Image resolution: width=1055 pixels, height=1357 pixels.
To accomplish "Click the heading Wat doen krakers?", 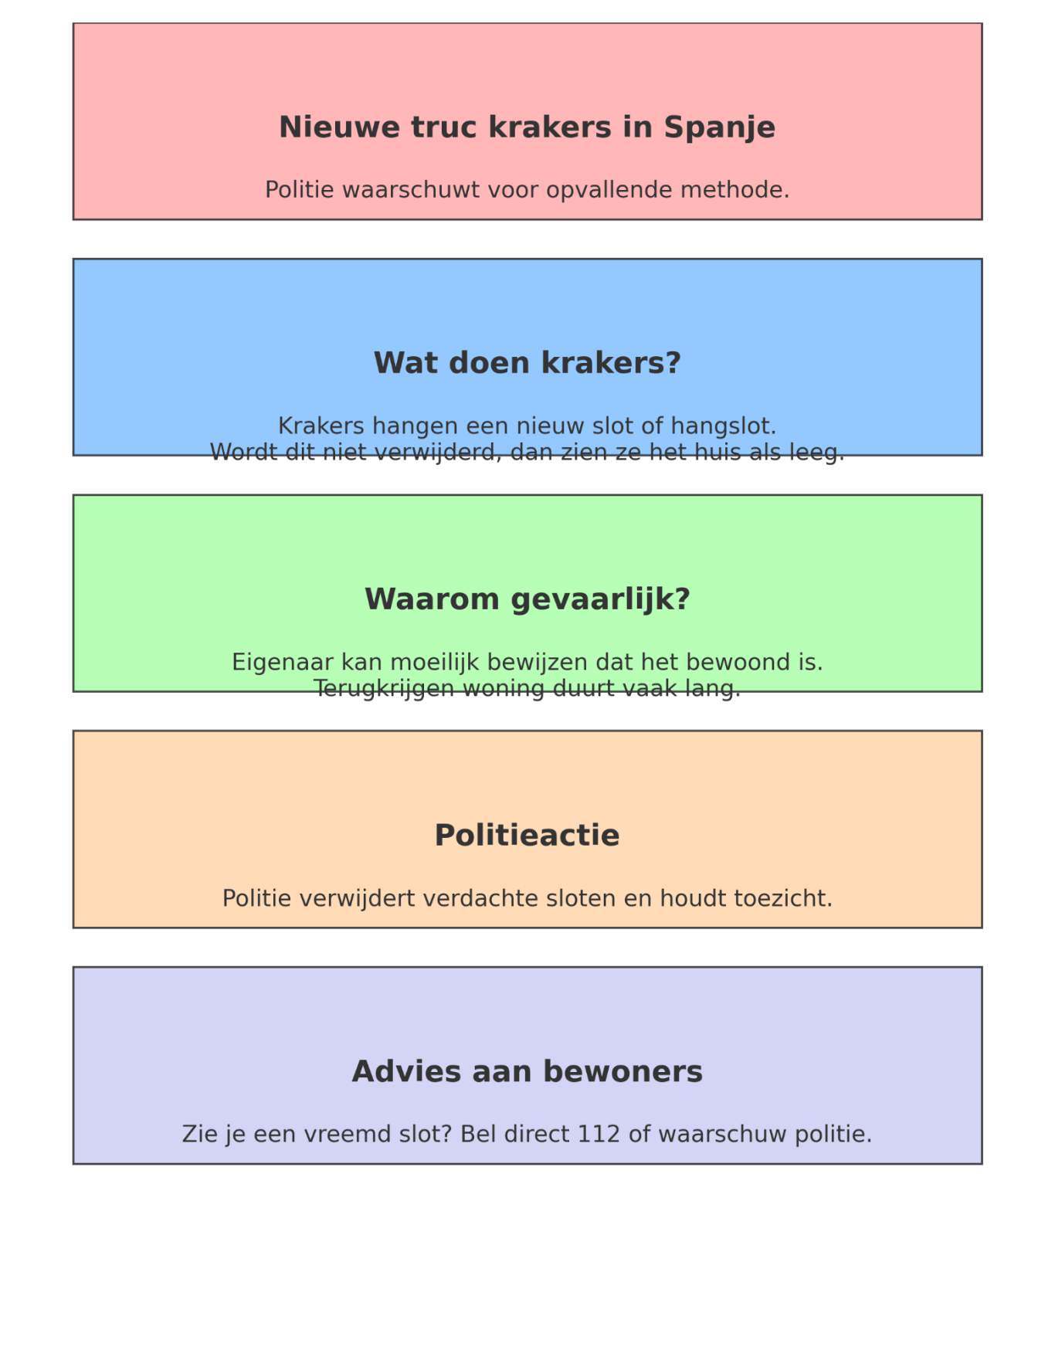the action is tap(527, 363).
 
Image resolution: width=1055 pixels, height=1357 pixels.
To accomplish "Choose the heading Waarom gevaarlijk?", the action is tap(527, 599).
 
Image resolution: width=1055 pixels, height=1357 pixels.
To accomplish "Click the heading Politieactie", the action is tap(527, 836).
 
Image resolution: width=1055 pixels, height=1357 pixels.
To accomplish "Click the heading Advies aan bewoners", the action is tap(527, 1072).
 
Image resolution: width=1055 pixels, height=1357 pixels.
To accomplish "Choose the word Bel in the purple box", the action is tap(478, 1135).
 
